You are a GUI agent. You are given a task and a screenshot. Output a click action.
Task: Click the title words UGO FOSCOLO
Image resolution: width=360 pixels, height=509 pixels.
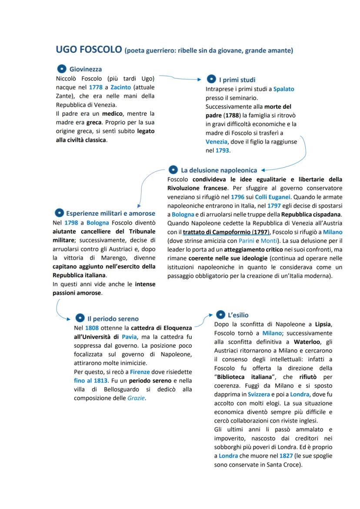(89, 50)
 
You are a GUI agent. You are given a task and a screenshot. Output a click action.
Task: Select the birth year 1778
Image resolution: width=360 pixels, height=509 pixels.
(96, 87)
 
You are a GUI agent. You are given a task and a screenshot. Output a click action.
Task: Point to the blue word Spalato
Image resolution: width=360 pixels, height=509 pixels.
(283, 89)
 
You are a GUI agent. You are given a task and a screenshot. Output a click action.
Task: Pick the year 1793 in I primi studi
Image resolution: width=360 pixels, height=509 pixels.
(222, 151)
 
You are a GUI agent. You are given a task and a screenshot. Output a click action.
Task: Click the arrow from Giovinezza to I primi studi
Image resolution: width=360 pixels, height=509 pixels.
(178, 78)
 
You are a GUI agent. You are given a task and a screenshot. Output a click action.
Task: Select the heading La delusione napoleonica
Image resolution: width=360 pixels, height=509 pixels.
(219, 170)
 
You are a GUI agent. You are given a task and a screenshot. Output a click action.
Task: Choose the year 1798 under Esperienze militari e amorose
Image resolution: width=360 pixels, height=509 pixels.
(71, 222)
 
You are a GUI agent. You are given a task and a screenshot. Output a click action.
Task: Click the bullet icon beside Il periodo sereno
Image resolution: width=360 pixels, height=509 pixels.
(80, 318)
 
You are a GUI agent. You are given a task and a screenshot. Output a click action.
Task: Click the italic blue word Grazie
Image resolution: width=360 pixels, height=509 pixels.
(136, 398)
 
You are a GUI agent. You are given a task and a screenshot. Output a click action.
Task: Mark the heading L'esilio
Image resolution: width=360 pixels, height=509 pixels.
(238, 315)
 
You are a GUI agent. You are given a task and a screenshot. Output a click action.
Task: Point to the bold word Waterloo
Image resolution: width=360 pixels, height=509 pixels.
(307, 342)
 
